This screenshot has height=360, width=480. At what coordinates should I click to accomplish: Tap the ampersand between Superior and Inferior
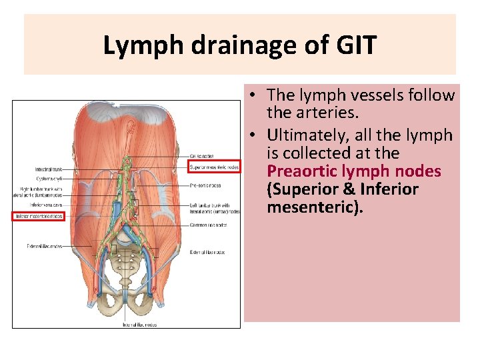[345, 189]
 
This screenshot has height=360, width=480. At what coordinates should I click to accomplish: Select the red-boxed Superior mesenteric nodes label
[213, 167]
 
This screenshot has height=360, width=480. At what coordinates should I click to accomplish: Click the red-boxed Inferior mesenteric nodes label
[38, 216]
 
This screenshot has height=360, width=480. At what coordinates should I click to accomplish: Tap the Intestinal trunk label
[49, 169]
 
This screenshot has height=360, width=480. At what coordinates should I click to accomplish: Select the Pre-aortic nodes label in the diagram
[205, 185]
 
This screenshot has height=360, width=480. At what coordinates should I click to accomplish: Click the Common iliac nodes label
[209, 225]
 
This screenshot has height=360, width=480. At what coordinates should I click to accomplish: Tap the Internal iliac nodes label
[139, 325]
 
